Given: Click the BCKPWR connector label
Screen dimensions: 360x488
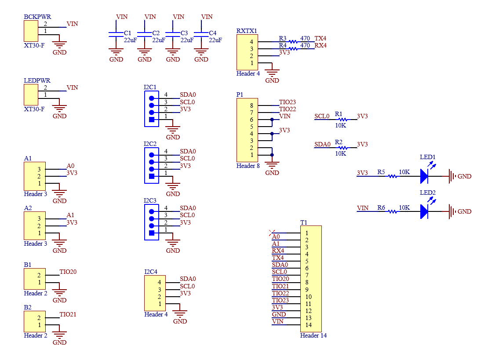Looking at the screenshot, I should point(37,17).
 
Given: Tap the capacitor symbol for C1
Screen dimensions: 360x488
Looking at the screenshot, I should point(116,34).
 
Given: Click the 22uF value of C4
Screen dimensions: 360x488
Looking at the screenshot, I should point(215,40).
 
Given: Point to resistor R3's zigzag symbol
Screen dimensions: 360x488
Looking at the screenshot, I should point(293,42).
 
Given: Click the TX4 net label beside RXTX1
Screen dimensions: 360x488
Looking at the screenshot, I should point(320,38).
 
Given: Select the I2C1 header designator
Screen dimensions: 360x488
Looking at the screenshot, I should point(150,87).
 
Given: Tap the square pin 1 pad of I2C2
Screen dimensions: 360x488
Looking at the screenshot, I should point(152,176).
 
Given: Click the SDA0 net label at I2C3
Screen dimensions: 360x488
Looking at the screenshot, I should point(188,208).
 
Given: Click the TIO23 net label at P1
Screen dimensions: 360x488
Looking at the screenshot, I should point(288,102).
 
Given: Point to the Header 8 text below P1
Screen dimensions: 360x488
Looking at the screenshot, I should point(248,166).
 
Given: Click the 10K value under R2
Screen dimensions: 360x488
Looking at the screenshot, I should point(341,153).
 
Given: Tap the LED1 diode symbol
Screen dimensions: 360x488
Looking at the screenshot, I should point(424,176).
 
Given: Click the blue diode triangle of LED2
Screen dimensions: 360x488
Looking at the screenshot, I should point(424,211).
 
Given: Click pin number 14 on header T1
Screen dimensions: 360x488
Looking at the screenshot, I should point(308,325).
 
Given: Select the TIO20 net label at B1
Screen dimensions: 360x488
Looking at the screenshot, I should point(68,272).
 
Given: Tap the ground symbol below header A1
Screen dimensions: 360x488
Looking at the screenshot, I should point(59,193).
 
